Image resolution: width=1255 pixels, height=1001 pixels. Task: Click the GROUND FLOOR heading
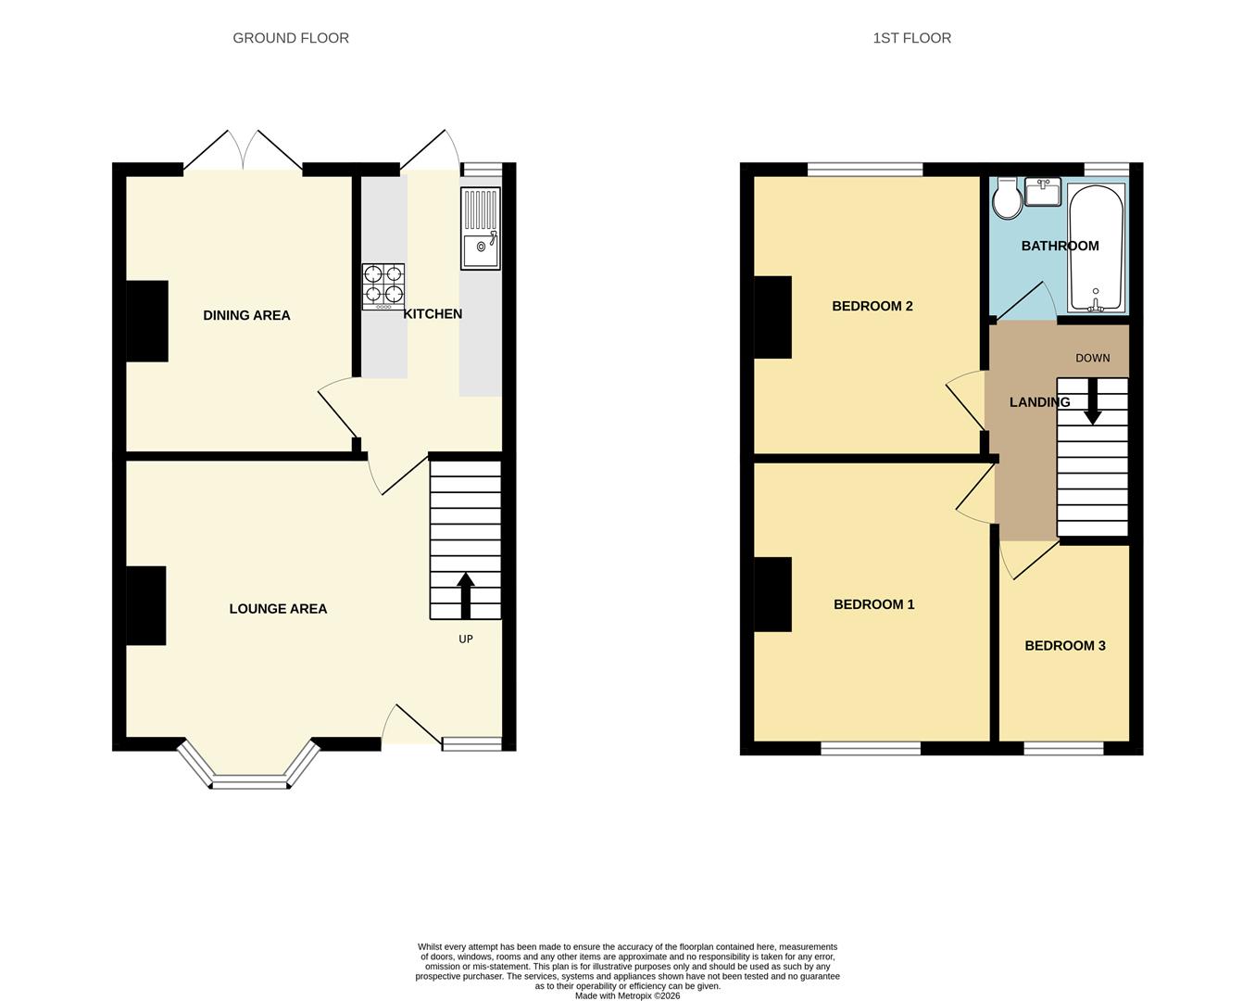(291, 38)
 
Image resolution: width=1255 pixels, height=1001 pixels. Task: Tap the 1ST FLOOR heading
(912, 38)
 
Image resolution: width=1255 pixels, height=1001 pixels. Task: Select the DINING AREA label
(246, 316)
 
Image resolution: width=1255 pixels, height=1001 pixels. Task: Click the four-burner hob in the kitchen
(383, 286)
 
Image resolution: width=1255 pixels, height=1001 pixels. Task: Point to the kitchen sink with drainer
(481, 228)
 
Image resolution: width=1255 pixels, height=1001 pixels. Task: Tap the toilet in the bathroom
(1007, 198)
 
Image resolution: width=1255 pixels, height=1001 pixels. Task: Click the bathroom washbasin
(1043, 192)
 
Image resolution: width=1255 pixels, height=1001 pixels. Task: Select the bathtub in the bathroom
(1097, 247)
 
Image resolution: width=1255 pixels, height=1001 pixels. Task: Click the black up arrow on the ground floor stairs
(465, 595)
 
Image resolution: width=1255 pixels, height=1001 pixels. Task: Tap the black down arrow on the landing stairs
(1092, 401)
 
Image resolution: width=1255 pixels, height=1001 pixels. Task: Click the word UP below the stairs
(465, 640)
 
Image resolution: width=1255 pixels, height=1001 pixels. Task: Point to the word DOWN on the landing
(1093, 359)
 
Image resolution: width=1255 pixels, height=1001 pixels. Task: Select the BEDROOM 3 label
(1065, 645)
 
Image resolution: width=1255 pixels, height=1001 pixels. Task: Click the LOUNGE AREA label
(278, 609)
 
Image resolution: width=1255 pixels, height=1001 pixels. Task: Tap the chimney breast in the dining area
(147, 321)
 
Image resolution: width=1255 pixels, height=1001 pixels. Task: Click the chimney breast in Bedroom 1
(772, 594)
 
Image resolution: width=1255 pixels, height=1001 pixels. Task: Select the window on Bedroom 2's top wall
(865, 170)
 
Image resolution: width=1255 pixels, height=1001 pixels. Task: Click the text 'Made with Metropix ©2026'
(628, 995)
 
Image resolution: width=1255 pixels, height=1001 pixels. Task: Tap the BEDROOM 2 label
(872, 306)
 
